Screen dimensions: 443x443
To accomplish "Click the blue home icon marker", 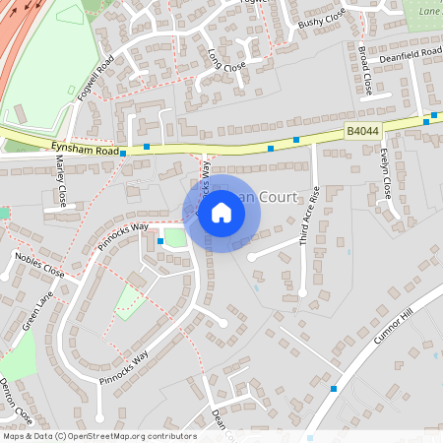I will [221, 212].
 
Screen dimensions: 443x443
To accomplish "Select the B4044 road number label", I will [361, 130].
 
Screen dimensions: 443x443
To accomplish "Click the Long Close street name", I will [226, 63].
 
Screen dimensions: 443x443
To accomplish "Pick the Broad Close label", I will [365, 70].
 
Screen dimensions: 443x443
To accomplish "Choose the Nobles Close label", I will [39, 265].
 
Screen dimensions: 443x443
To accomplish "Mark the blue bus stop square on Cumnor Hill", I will [334, 389].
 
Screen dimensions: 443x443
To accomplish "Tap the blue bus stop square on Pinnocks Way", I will [159, 240].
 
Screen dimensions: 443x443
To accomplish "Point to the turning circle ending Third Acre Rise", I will [302, 292].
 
